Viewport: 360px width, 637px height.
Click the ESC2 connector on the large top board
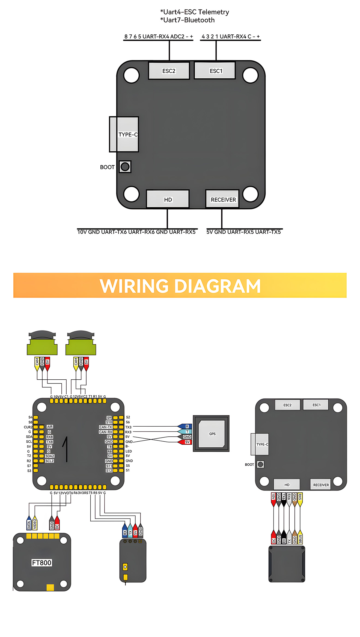pos(169,71)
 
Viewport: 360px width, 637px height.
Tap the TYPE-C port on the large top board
pos(124,134)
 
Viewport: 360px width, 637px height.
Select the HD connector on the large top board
pos(168,199)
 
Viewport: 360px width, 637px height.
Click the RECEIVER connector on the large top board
pos(222,199)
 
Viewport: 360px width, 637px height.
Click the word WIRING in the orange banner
pos(134,286)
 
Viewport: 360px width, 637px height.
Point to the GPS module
pos(211,433)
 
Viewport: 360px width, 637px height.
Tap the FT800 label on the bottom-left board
pos(41,562)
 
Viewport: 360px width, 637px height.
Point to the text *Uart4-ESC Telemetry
pos(194,12)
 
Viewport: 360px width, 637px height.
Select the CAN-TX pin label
pos(106,427)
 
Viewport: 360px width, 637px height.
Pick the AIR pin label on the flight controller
pos(50,427)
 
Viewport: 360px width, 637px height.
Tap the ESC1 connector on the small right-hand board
pos(316,405)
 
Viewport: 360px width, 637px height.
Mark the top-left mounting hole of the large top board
pos(131,75)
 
